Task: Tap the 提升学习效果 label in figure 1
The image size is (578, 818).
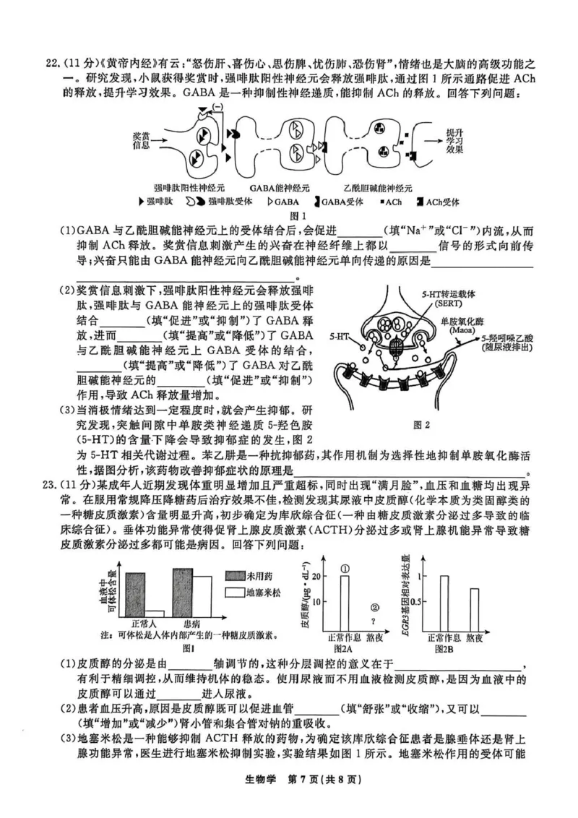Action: click(454, 140)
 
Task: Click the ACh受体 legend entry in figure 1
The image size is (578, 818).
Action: click(437, 202)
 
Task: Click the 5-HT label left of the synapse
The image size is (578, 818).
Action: click(340, 337)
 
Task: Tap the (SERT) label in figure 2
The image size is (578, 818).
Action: click(442, 303)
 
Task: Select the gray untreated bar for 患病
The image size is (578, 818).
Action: click(182, 592)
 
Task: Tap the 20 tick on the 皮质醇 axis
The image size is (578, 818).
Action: click(316, 576)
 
